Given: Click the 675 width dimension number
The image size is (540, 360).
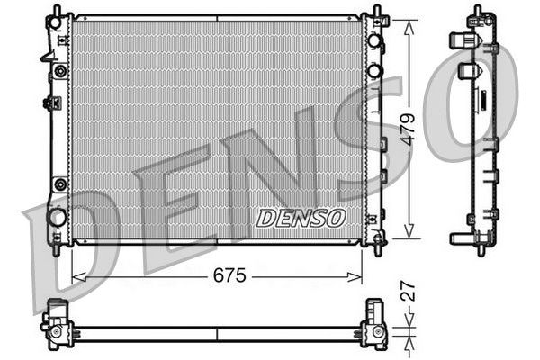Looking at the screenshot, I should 229,276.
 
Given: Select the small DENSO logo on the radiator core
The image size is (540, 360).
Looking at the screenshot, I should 301,219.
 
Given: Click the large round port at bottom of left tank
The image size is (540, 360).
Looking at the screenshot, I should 57,217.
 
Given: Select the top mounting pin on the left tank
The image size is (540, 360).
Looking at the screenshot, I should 57,12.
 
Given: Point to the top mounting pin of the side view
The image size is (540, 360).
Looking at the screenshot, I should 476,11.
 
